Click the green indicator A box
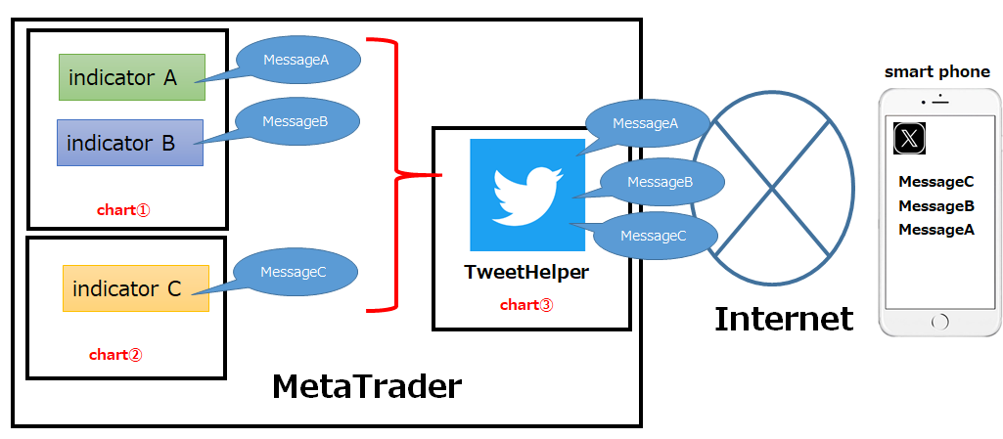click(x=130, y=77)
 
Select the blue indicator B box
click(x=129, y=143)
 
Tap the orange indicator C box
click(x=135, y=288)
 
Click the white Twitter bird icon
click(x=526, y=194)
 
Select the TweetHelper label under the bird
click(x=526, y=272)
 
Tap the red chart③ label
click(x=526, y=305)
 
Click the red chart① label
click(x=123, y=209)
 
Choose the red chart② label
click(x=115, y=355)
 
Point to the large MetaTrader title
click(x=366, y=386)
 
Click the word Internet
click(x=784, y=319)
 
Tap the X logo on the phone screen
click(x=910, y=139)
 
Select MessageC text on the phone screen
click(x=936, y=182)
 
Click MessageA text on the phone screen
click(x=936, y=230)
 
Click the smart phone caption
click(x=937, y=72)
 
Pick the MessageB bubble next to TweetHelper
click(x=661, y=182)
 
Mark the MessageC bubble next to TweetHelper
click(x=654, y=236)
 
